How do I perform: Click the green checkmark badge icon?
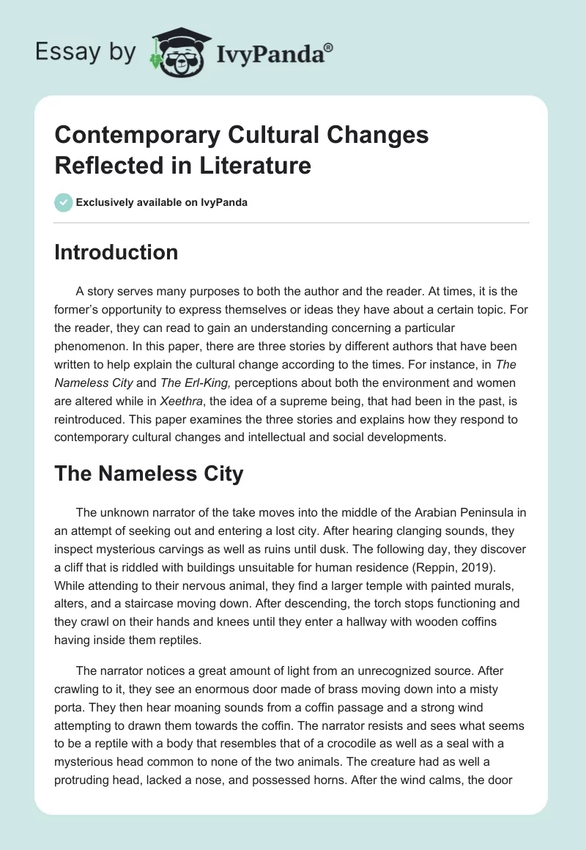pos(64,202)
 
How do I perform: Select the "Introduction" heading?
pos(116,253)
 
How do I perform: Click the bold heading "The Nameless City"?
pos(149,474)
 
